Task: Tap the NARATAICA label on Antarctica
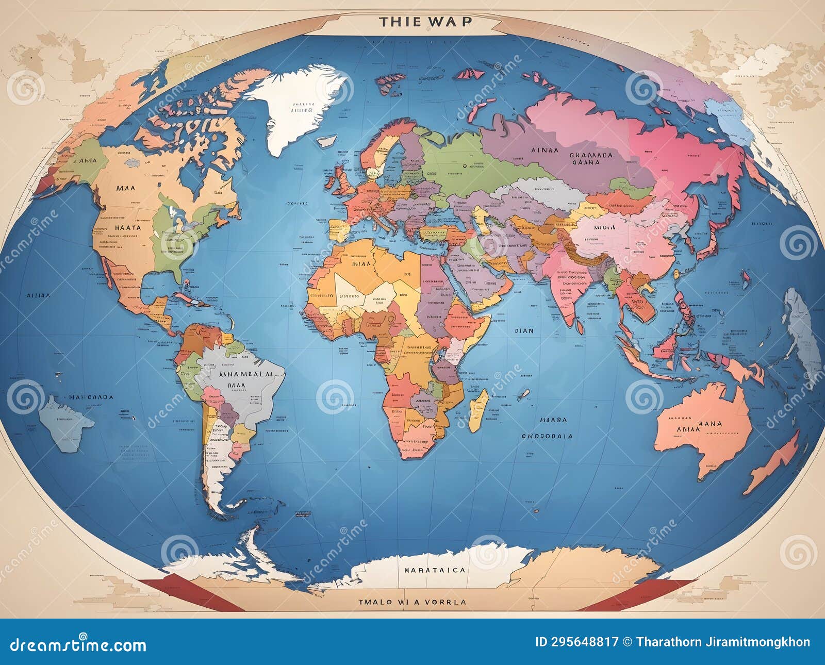coord(434,570)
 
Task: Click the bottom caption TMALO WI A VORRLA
coord(412,602)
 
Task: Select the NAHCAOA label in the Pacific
coord(91,397)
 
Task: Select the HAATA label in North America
coord(127,227)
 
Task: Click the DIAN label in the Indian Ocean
coord(524,331)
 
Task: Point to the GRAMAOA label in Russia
coord(591,155)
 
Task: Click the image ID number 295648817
coord(576,642)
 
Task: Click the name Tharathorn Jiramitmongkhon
coord(723,642)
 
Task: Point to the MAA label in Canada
coord(126,188)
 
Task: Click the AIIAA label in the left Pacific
coord(38,296)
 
